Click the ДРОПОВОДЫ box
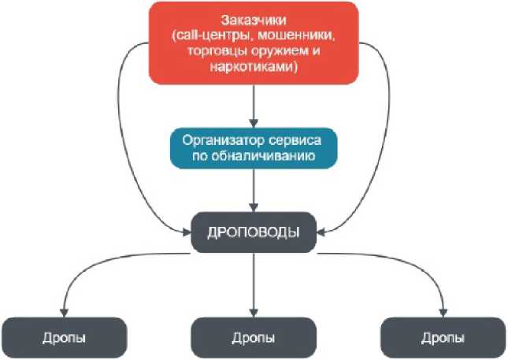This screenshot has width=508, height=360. [254, 233]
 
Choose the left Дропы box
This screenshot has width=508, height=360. [65, 337]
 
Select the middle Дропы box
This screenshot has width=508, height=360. [254, 337]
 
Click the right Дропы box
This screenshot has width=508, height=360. [443, 337]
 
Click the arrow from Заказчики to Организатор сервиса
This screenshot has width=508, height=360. [254, 102]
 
